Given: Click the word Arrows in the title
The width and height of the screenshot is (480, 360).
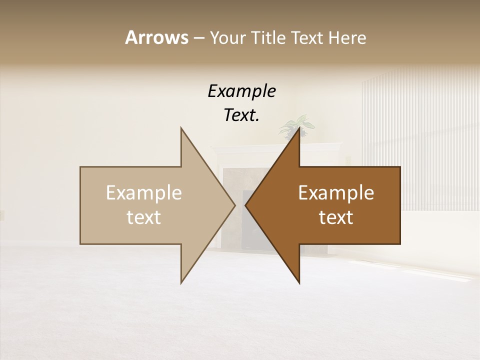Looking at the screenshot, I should pos(156,37).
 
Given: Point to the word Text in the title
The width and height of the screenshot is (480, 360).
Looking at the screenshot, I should pos(308,37).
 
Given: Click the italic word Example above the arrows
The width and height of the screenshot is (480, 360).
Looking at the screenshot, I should pos(241,91).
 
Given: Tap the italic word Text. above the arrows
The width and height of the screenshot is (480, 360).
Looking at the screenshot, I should pos(241,115).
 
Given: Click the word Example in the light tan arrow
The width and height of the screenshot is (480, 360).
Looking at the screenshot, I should pos(144,193).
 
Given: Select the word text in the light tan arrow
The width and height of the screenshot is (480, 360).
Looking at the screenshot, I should pos(144,217).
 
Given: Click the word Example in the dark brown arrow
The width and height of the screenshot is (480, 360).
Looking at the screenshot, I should pos(336,193).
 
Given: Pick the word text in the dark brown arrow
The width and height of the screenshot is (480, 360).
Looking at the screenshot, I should pos(336,217).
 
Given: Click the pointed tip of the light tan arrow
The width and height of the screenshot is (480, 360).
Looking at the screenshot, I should pos(234,205).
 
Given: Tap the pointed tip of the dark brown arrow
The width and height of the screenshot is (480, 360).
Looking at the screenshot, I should pos(246,205).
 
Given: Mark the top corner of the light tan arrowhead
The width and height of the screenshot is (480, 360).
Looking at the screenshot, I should pos(181,128).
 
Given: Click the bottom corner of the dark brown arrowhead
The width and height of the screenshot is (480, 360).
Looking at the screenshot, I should pos(299,282).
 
